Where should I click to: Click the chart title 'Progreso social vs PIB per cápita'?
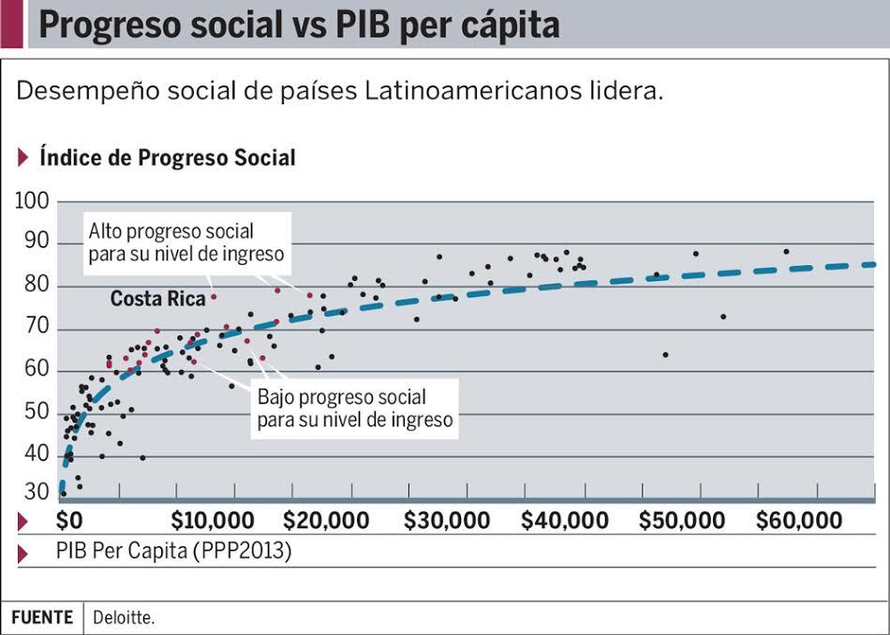tap(299, 25)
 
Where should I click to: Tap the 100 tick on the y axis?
tap(34, 201)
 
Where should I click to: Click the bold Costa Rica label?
tap(157, 299)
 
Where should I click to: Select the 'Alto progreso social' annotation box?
tap(185, 242)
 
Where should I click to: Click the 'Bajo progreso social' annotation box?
tap(355, 409)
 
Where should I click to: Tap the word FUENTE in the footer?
tap(42, 618)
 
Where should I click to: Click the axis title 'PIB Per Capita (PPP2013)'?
tap(173, 553)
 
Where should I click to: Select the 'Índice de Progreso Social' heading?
tap(167, 157)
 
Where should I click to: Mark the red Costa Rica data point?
tap(214, 297)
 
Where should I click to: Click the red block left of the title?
tap(11, 24)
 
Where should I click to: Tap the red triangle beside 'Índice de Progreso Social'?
tap(23, 157)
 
